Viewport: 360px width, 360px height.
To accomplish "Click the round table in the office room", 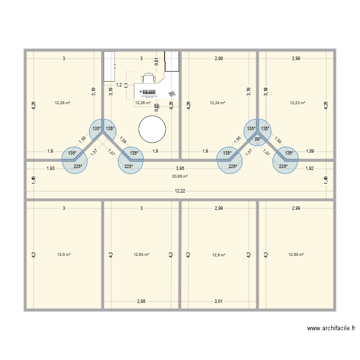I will click(x=152, y=129).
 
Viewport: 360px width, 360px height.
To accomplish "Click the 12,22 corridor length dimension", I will click(x=180, y=191).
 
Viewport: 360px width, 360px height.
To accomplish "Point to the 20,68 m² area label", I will click(x=180, y=176).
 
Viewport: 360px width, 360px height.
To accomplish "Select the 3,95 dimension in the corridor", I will click(x=180, y=168).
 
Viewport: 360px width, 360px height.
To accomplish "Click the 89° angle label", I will click(x=258, y=139).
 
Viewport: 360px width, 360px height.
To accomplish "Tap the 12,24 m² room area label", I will click(x=217, y=102).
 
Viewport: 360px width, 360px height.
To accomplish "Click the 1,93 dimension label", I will click(x=51, y=168).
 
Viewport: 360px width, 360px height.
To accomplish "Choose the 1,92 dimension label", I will click(x=310, y=168).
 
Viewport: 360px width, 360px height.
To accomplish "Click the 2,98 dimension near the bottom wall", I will click(x=141, y=301).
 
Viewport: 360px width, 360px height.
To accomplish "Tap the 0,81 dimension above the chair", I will click(x=156, y=61).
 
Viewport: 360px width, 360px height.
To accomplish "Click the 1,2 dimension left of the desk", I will click(x=119, y=84).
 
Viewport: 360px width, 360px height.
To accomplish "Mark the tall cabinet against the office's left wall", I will click(x=109, y=66).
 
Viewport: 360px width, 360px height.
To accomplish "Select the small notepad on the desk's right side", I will click(x=171, y=94).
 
